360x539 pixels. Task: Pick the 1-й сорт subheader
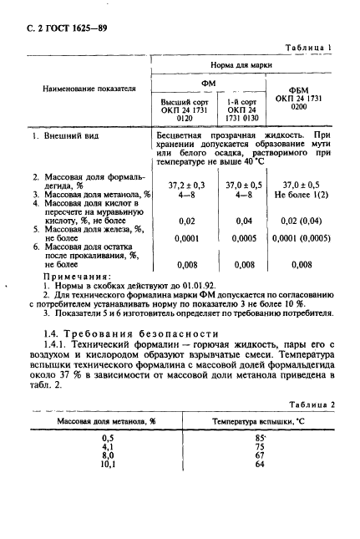click(244, 109)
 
